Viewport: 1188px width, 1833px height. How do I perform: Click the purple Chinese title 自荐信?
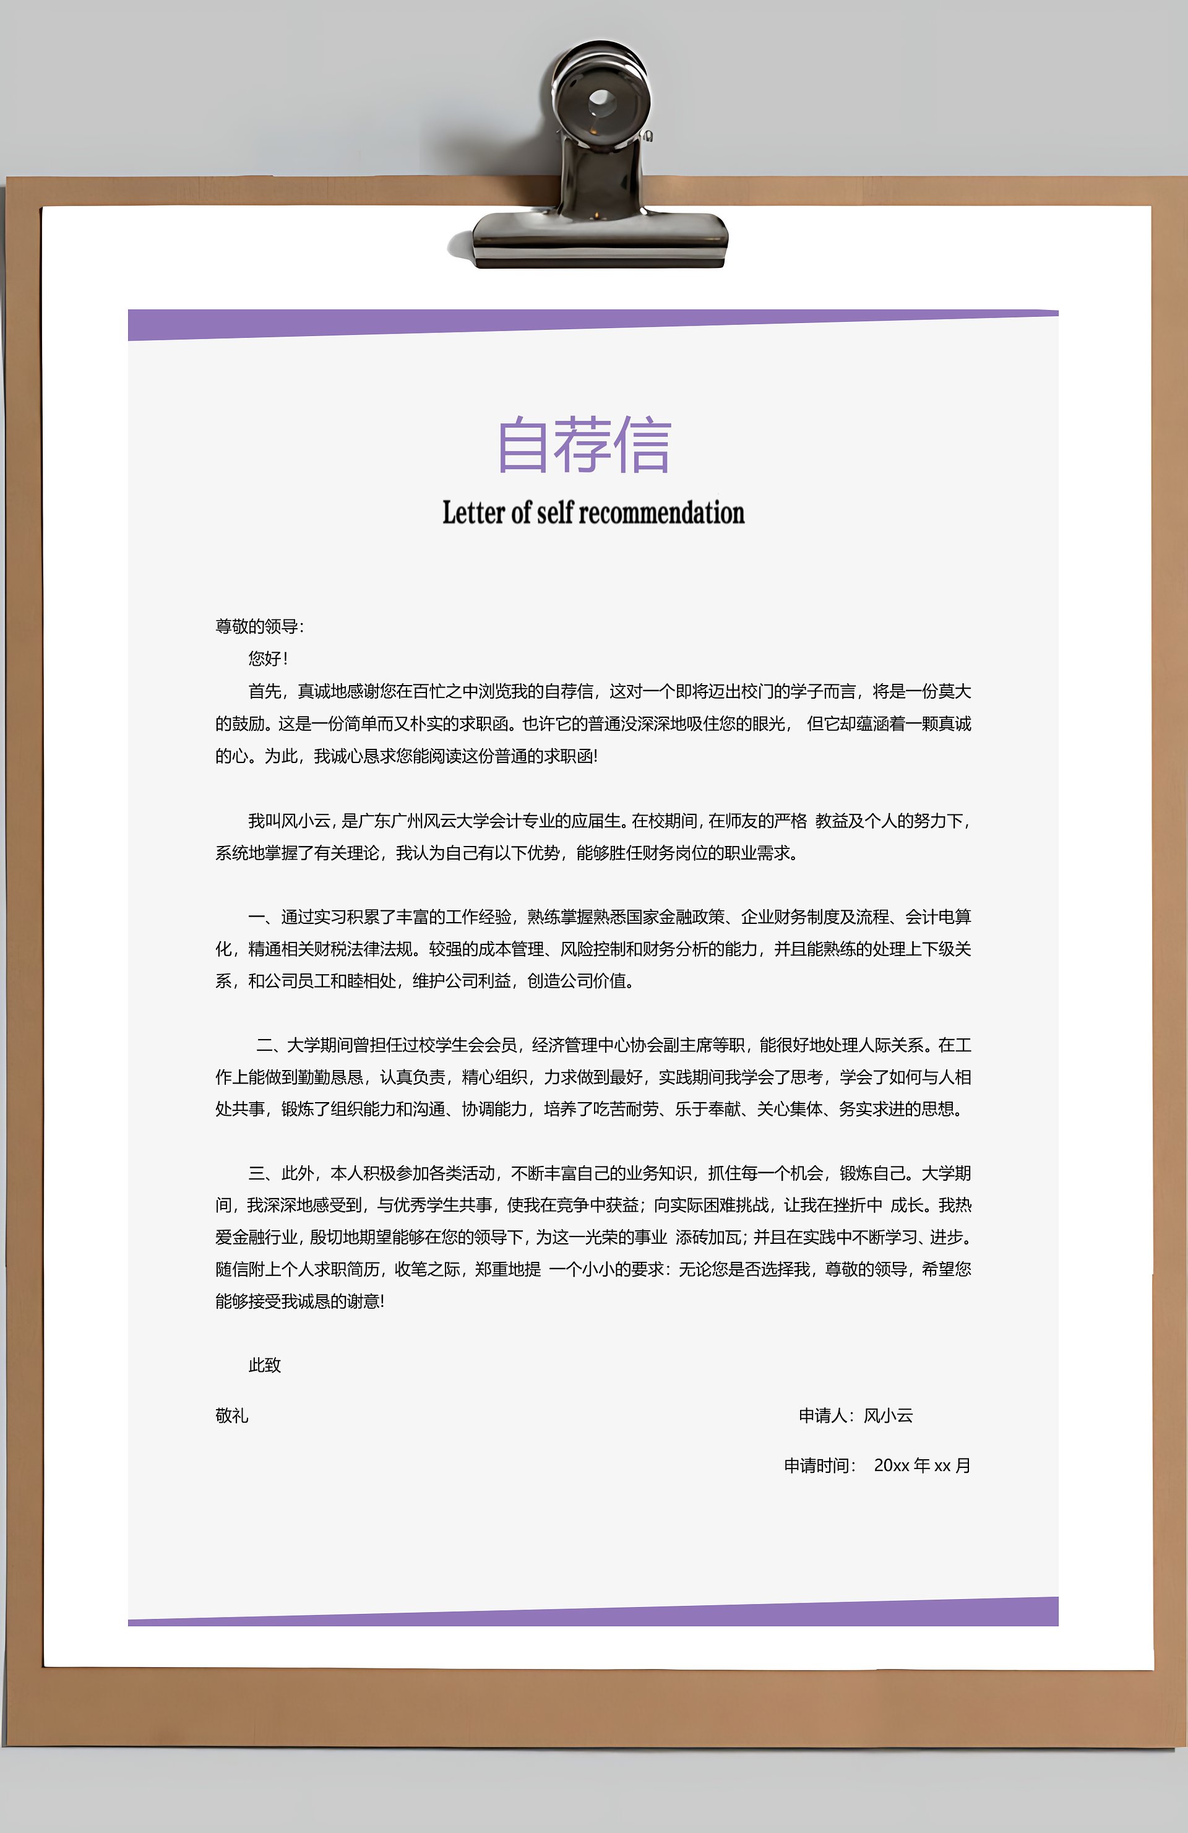pyautogui.click(x=584, y=444)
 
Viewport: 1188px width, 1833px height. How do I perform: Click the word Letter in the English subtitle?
pyautogui.click(x=473, y=513)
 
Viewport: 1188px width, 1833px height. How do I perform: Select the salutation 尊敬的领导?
pyautogui.click(x=258, y=626)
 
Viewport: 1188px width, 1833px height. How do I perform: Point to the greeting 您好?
pyautogui.click(x=267, y=658)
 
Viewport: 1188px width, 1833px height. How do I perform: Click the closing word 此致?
pyautogui.click(x=264, y=1365)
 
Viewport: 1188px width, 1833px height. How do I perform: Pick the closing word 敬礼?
pyautogui.click(x=232, y=1415)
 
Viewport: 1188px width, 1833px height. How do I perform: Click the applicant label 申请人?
pyautogui.click(x=824, y=1415)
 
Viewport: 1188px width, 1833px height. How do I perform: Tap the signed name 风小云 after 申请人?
pyautogui.click(x=888, y=1415)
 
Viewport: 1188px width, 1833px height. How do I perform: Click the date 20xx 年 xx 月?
pyautogui.click(x=921, y=1465)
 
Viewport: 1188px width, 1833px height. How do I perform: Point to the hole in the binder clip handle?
pyautogui.click(x=600, y=100)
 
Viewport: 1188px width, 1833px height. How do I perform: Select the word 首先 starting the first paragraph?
pyautogui.click(x=264, y=691)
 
